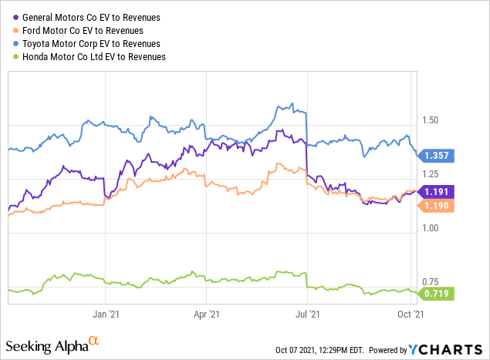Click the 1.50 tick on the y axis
[x=431, y=120]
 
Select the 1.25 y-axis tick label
[x=431, y=174]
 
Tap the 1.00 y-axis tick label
[x=431, y=228]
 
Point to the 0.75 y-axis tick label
[x=431, y=282]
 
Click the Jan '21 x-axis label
[x=105, y=315]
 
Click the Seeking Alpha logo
[x=53, y=344]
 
